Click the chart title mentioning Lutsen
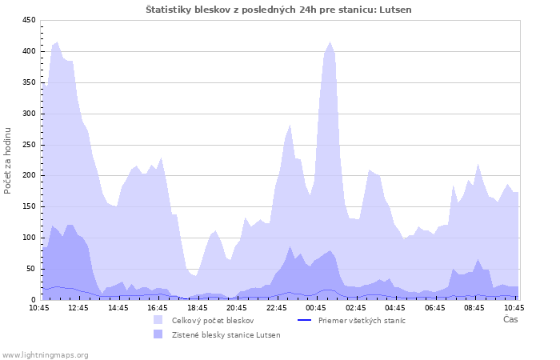pyautogui.click(x=279, y=10)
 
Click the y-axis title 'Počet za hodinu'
pyautogui.click(x=8, y=160)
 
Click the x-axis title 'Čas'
pyautogui.click(x=510, y=319)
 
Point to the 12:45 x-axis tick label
pyautogui.click(x=78, y=307)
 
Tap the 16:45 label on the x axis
pyautogui.click(x=158, y=307)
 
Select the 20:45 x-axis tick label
pyautogui.click(x=237, y=307)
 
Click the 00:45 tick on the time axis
pyautogui.click(x=316, y=307)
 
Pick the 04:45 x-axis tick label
pyautogui.click(x=395, y=307)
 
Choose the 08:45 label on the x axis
pyautogui.click(x=474, y=307)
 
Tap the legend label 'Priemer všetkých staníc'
pyautogui.click(x=362, y=320)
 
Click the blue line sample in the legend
pyautogui.click(x=304, y=320)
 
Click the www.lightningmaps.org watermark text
pyautogui.click(x=46, y=354)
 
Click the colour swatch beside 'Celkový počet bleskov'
pyautogui.click(x=158, y=320)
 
